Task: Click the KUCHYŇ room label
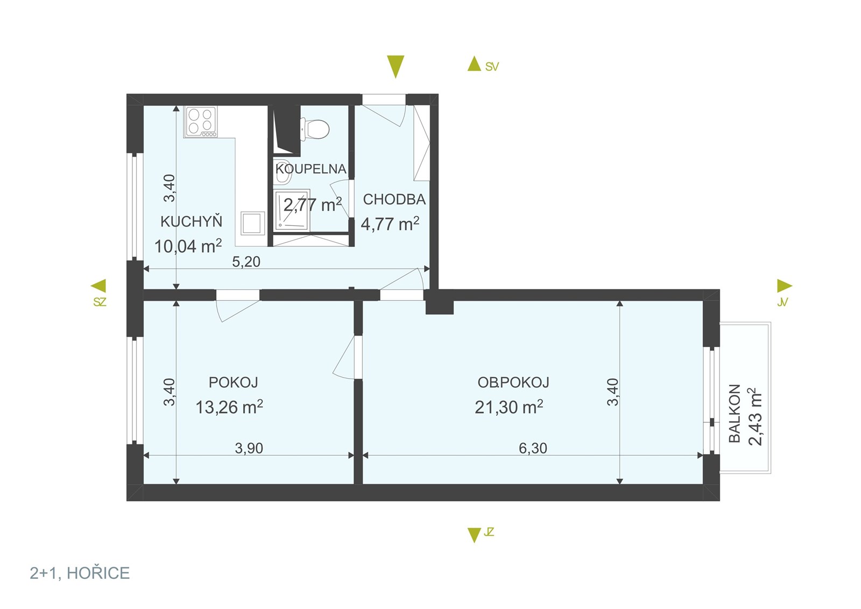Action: tap(191, 221)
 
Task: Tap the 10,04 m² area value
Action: tap(188, 246)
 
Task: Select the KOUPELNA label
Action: tap(310, 169)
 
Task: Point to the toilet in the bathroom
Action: tap(314, 129)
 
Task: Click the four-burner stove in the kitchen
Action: tap(201, 122)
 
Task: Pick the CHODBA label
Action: tap(394, 199)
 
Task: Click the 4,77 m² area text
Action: tap(390, 224)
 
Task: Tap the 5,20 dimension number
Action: tap(246, 261)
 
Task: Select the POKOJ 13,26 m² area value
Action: tap(229, 407)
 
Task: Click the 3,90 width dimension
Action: tap(249, 448)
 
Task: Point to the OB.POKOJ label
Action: tap(513, 383)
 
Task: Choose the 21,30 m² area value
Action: tap(509, 407)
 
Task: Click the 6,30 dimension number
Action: tap(533, 448)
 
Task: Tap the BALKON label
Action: tap(735, 413)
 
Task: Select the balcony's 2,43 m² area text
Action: tap(755, 416)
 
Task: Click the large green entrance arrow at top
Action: tap(396, 67)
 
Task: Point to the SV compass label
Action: tap(492, 67)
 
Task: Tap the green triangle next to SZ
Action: tap(98, 286)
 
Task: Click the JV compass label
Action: tap(782, 302)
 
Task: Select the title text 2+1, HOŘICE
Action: tap(80, 573)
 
